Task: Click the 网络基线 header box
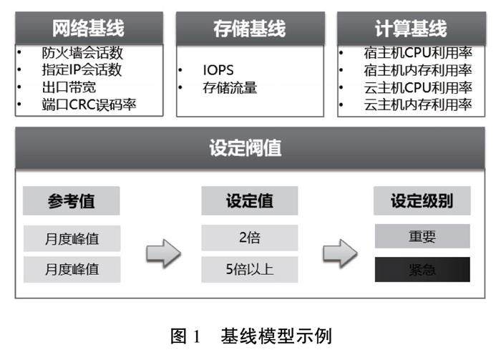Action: [88, 28]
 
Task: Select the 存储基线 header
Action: [249, 28]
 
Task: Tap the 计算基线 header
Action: [410, 28]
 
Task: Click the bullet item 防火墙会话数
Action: [82, 53]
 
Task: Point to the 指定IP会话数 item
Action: [82, 70]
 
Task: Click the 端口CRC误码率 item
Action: [89, 105]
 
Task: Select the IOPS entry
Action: [218, 71]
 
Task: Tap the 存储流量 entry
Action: [230, 88]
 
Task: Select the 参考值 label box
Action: [72, 201]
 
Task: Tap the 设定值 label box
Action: [250, 201]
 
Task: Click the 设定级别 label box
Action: [422, 201]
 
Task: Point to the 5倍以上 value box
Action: [250, 270]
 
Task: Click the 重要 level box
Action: [422, 237]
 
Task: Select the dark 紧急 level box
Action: [422, 270]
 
